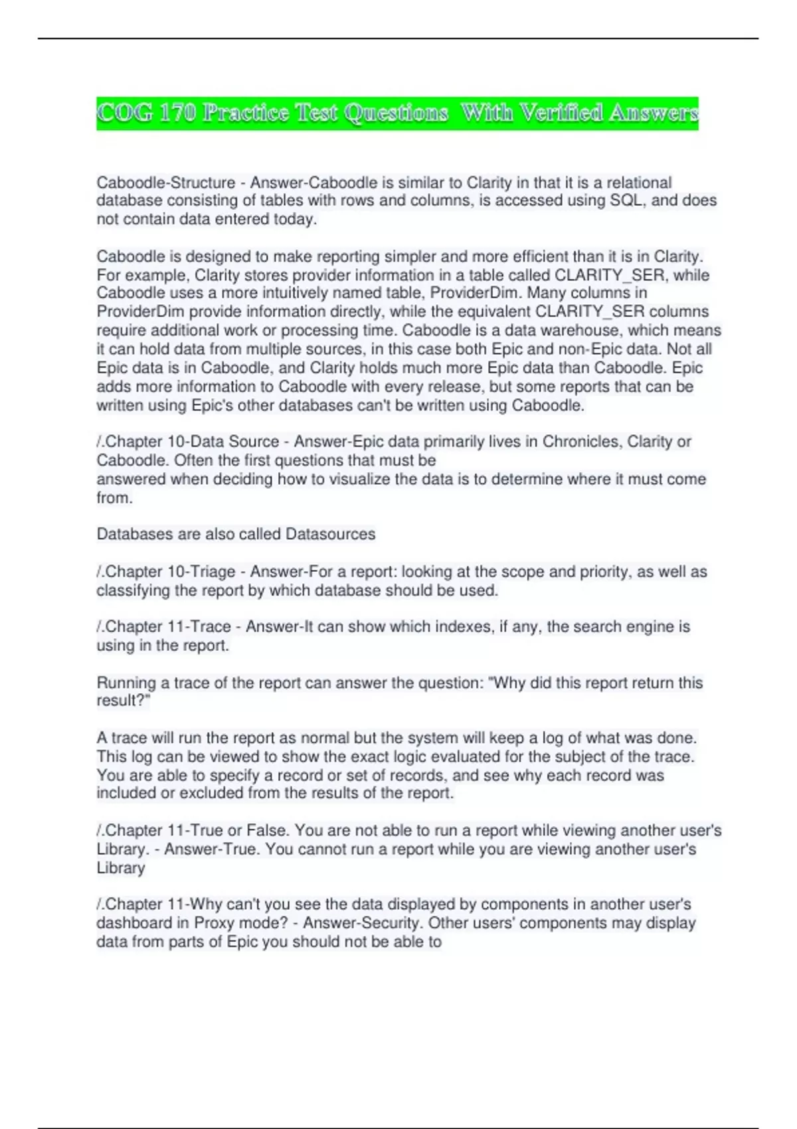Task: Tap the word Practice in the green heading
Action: (246, 113)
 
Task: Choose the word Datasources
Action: (330, 534)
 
